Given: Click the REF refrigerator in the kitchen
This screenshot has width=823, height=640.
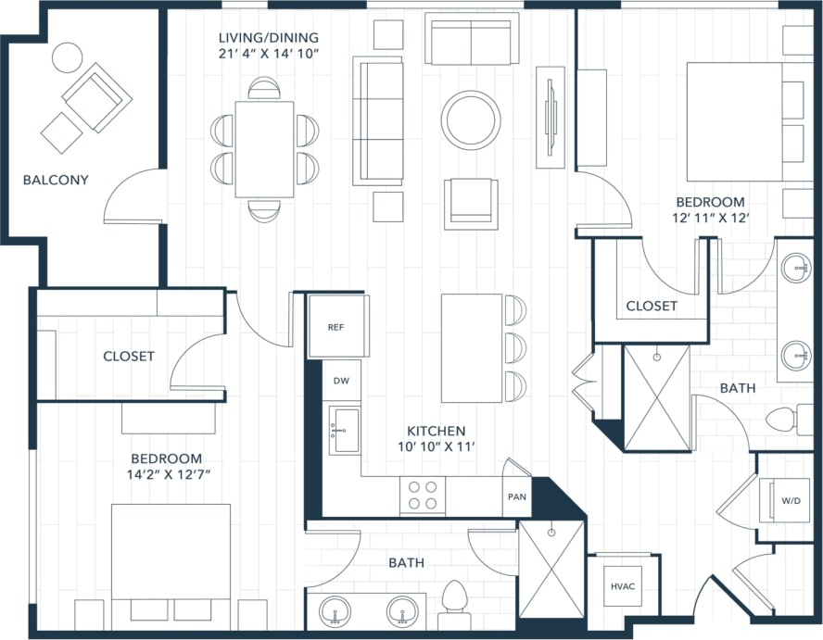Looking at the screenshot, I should tap(336, 326).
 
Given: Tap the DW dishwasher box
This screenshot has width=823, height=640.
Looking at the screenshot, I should tap(340, 381).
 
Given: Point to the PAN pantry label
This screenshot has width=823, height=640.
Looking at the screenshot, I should tap(516, 496).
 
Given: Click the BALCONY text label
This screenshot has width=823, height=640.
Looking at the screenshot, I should tap(56, 180).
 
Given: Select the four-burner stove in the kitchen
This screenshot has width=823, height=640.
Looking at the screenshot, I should tap(422, 496).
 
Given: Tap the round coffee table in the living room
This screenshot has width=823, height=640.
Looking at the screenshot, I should tap(471, 119).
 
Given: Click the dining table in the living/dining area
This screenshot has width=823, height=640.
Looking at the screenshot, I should tap(264, 149).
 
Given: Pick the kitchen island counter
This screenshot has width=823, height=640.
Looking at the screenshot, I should tap(471, 347).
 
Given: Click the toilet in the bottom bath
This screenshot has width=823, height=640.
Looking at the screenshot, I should tap(454, 597).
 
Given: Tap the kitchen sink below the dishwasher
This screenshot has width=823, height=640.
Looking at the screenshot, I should tap(346, 431).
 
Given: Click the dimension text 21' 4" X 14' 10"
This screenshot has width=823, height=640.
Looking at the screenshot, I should tap(268, 54).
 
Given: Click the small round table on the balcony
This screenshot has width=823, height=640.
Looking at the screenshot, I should tap(67, 57).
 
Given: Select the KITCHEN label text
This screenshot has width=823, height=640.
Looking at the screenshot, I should tap(436, 431).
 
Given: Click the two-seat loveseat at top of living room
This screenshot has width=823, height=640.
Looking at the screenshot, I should tap(471, 42).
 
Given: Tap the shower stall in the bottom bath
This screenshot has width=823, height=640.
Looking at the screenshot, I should tap(551, 569).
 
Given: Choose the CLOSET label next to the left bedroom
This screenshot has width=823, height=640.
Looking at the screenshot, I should tap(129, 356).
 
